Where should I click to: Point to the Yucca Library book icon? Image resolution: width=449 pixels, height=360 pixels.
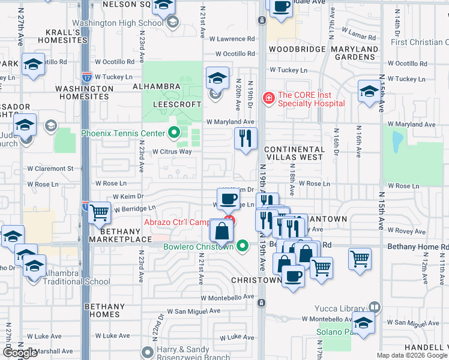point(375,307)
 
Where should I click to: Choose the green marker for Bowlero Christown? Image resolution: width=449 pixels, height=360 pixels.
point(243,246)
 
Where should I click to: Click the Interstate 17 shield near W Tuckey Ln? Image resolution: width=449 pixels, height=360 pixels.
point(87,77)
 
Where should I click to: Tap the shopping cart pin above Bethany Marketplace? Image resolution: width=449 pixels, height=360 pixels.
point(99,212)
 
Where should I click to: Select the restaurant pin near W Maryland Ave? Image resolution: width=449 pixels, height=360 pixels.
point(246,139)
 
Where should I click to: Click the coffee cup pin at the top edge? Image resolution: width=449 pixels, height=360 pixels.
point(281,7)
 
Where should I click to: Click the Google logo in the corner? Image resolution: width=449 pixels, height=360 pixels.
point(20,353)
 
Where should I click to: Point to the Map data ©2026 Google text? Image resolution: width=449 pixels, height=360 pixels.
point(412,355)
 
